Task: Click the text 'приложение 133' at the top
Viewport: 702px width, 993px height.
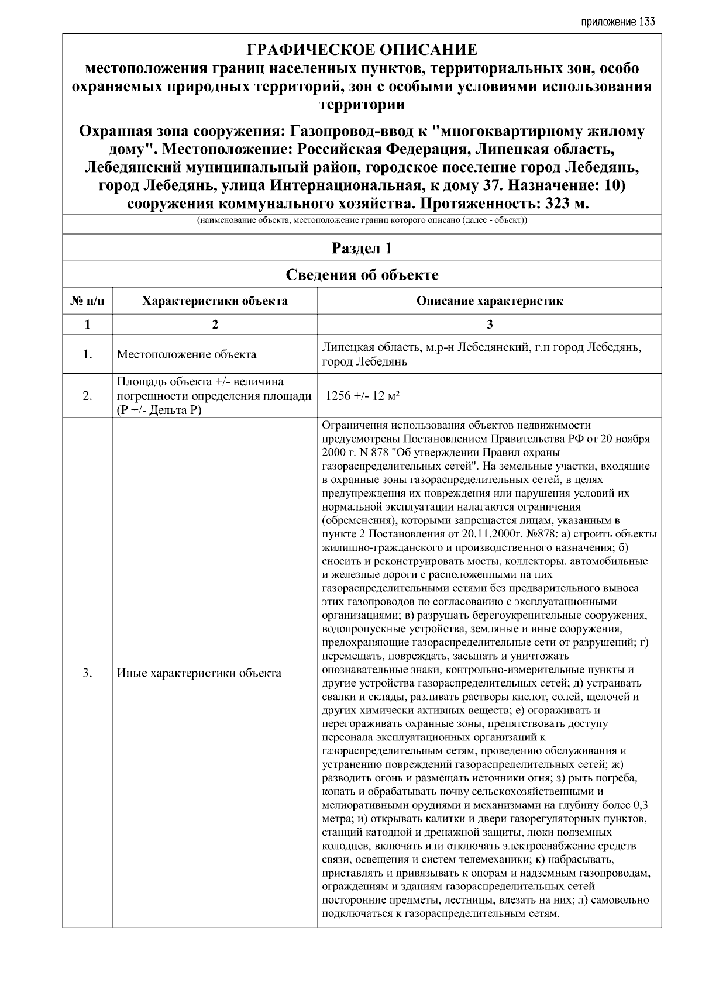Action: (617, 22)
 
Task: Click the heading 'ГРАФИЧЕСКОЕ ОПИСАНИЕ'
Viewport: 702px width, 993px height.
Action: (362, 50)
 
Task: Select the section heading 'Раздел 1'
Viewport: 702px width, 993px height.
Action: (362, 248)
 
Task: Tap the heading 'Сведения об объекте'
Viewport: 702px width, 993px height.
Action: (362, 274)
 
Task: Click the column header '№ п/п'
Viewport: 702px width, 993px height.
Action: (87, 301)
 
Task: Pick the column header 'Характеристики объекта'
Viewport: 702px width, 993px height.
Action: (215, 301)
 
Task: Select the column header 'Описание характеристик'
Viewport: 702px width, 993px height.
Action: (490, 301)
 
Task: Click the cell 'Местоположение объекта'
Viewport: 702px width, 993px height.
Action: (186, 354)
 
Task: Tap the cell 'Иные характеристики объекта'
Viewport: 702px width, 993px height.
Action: (199, 673)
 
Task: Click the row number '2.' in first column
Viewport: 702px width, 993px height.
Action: (87, 396)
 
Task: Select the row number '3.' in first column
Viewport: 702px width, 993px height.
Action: (87, 673)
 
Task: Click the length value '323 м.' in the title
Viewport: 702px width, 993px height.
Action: (566, 204)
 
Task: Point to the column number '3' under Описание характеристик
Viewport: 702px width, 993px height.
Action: (490, 325)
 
